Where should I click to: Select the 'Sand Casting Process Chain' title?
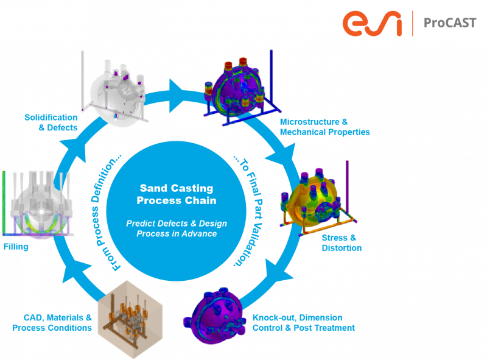(177, 194)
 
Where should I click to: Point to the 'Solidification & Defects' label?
(51, 122)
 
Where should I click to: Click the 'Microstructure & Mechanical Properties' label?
(324, 127)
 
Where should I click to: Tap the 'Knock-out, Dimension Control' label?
(303, 323)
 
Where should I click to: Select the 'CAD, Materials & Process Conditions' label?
(52, 323)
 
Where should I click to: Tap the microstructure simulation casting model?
(234, 88)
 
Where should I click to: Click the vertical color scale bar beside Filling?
(3, 201)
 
